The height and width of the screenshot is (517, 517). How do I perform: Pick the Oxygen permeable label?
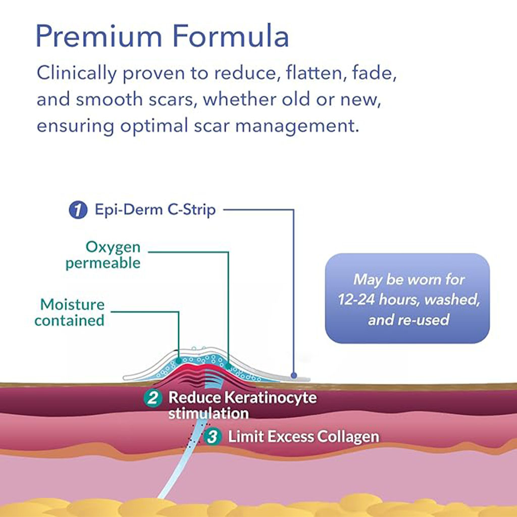pyautogui.click(x=104, y=255)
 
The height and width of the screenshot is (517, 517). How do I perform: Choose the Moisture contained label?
pyautogui.click(x=70, y=312)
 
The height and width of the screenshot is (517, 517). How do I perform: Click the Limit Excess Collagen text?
pyautogui.click(x=303, y=437)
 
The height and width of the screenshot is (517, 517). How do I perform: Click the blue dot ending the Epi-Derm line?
pyautogui.click(x=293, y=376)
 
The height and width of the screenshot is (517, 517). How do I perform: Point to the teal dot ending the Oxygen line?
pyautogui.click(x=228, y=366)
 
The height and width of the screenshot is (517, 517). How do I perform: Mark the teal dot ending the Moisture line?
pyautogui.click(x=179, y=360)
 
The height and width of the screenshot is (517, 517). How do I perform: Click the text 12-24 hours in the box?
pyautogui.click(x=379, y=300)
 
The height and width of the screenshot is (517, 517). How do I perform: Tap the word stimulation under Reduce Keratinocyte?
pyautogui.click(x=208, y=413)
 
